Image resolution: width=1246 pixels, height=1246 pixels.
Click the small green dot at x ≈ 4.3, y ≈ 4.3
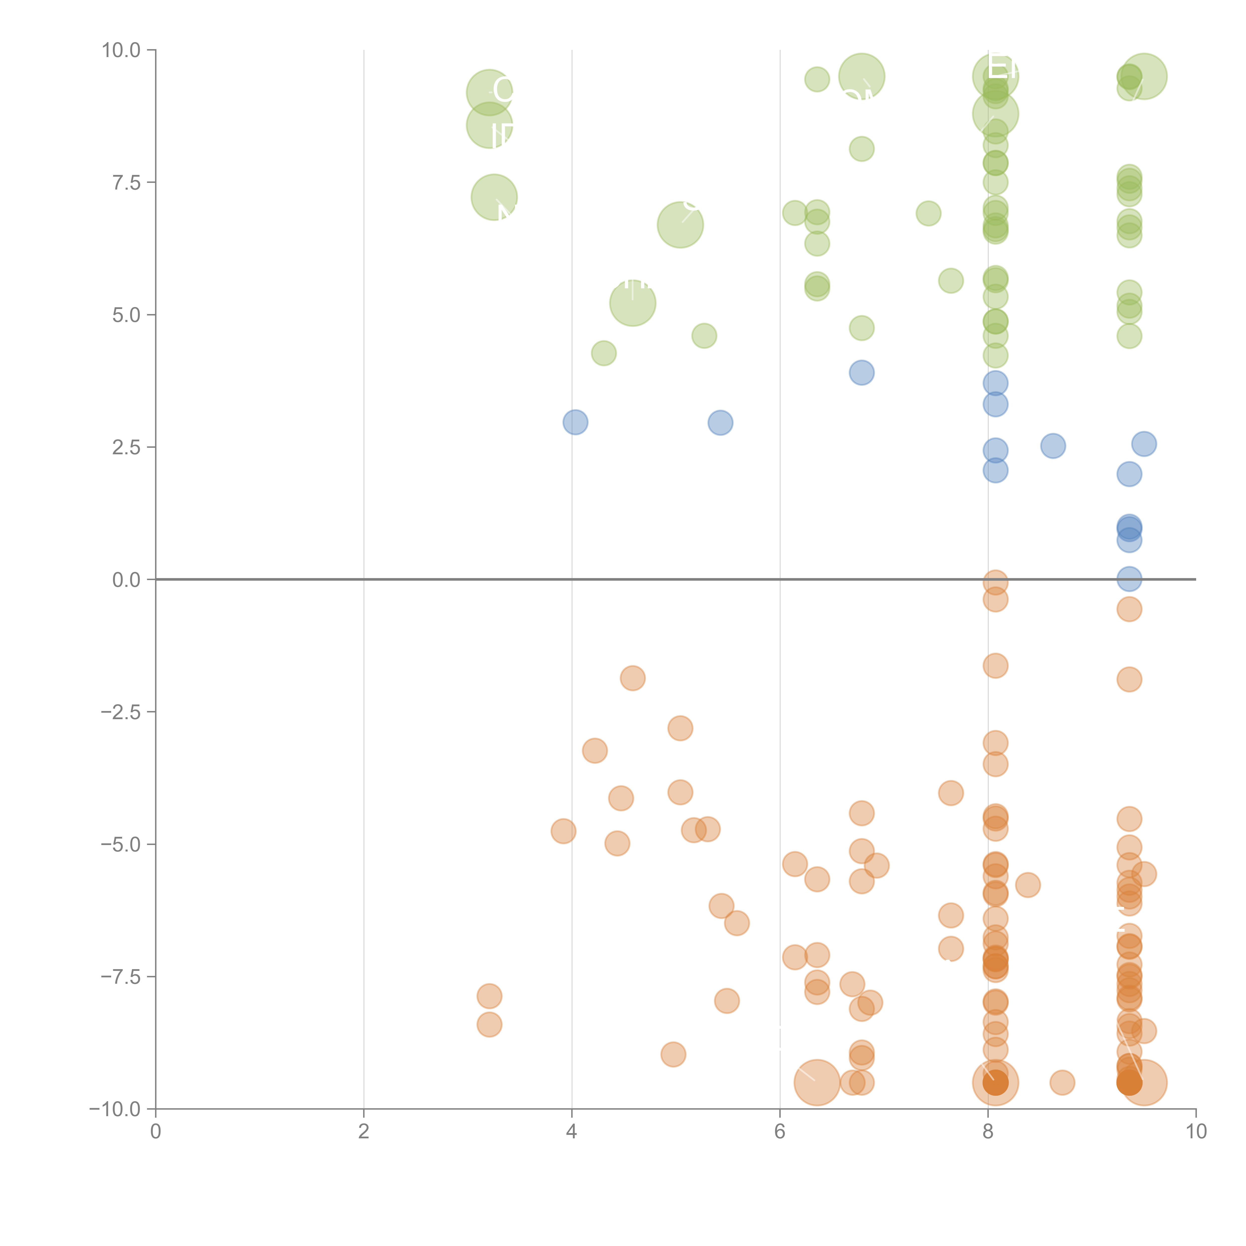tap(604, 353)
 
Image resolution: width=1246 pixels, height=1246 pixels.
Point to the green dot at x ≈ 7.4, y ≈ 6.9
tap(928, 213)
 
